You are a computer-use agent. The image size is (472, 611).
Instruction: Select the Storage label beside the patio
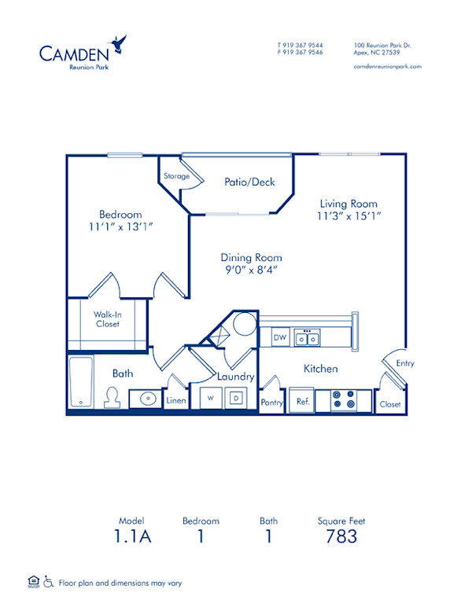[176, 176]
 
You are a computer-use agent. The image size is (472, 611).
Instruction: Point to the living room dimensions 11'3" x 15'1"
[348, 215]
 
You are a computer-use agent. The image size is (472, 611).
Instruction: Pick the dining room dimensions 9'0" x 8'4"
[251, 270]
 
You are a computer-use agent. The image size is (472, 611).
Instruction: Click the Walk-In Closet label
[107, 318]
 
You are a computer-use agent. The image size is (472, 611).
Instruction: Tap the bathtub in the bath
[79, 382]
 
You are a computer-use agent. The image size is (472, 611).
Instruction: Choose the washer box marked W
[210, 399]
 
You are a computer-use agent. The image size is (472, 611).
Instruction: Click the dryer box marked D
[235, 399]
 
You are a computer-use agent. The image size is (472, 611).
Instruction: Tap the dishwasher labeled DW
[278, 337]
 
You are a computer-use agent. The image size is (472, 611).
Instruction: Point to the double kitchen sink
[307, 338]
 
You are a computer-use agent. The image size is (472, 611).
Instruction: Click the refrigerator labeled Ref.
[301, 400]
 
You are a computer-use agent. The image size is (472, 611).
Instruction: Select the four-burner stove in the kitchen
[344, 399]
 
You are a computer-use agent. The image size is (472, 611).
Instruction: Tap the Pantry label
[271, 402]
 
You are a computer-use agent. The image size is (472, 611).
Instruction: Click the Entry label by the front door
[404, 363]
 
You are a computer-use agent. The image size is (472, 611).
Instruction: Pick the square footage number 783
[341, 537]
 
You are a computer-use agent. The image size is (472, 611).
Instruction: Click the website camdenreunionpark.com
[388, 67]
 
